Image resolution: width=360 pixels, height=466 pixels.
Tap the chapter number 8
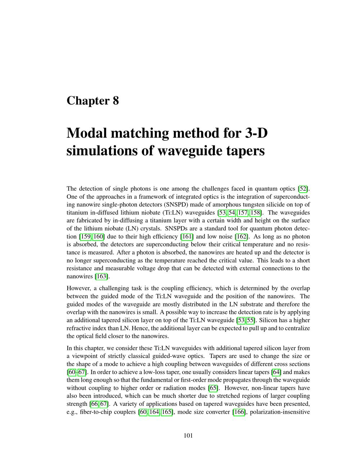click(116, 100)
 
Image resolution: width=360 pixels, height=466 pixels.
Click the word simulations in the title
click(101, 150)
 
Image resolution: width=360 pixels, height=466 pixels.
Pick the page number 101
click(188, 435)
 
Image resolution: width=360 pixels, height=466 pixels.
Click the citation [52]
click(303, 189)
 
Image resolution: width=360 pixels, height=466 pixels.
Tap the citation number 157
click(242, 212)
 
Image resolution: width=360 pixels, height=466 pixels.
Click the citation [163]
click(102, 276)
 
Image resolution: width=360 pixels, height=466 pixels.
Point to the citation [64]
click(276, 372)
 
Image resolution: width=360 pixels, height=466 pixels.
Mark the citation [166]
click(239, 412)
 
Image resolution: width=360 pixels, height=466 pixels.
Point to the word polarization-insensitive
click(280, 412)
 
